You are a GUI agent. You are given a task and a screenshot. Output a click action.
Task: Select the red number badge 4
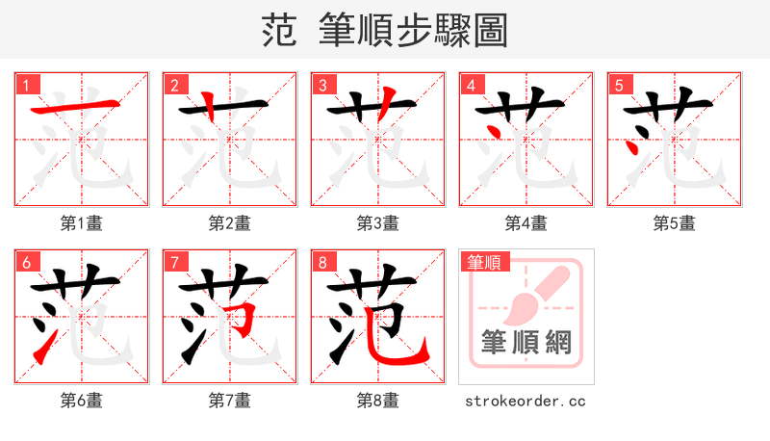pyautogui.click(x=471, y=85)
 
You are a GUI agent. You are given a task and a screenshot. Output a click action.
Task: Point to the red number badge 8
pyautogui.click(x=322, y=262)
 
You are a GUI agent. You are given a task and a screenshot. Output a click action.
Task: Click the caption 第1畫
pyautogui.click(x=81, y=223)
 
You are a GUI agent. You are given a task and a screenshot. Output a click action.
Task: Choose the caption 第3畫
pyautogui.click(x=377, y=223)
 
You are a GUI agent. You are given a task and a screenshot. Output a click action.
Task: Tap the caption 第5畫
pyautogui.click(x=674, y=223)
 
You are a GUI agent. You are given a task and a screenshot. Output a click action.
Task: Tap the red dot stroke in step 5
pyautogui.click(x=633, y=147)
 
